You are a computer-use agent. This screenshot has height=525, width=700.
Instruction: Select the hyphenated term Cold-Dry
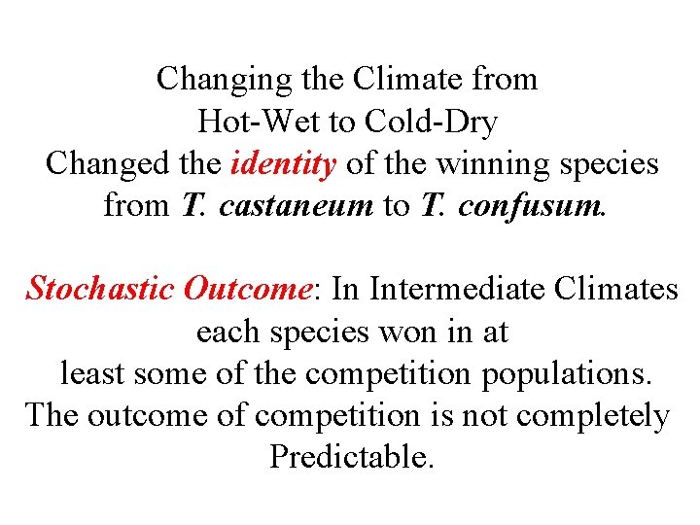point(431,122)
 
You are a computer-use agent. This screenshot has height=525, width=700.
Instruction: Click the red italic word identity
point(284,163)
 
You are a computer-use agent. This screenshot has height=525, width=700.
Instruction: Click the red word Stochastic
point(101,289)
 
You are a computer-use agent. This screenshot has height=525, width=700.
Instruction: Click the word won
point(408,332)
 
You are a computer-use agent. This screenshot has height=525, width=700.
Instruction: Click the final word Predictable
point(350,457)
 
